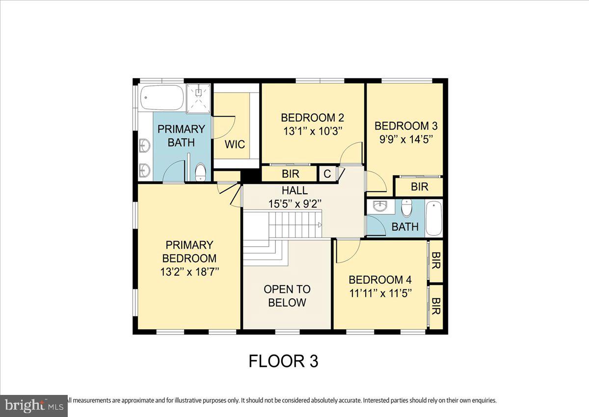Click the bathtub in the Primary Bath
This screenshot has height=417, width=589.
(161, 98)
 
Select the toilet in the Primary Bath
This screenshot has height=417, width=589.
(200, 171)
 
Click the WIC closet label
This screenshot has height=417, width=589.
(235, 145)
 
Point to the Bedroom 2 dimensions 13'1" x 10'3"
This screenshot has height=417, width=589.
(312, 131)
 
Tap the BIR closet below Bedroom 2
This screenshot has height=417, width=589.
(291, 174)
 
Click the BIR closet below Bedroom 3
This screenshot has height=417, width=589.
(419, 187)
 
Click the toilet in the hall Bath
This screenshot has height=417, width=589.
(407, 208)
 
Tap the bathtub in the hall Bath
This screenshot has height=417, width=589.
(434, 218)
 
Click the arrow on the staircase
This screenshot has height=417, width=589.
(320, 225)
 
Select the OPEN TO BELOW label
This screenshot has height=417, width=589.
(287, 296)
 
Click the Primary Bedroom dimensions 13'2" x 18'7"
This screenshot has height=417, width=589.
(189, 271)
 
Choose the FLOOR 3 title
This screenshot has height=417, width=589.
(283, 361)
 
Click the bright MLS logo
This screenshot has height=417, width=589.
(33, 406)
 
